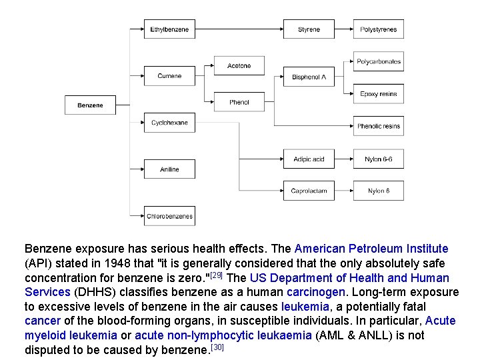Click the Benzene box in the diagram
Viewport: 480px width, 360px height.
point(90,105)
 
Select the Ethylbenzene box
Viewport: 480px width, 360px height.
point(169,30)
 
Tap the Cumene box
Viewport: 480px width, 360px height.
point(169,76)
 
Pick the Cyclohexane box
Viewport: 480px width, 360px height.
point(169,123)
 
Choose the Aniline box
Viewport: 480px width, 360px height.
point(169,169)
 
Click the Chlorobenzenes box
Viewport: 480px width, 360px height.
point(169,216)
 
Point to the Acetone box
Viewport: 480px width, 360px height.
point(239,66)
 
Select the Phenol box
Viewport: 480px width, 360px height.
point(239,102)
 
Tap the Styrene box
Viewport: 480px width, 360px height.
point(309,30)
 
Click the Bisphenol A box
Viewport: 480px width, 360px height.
point(309,77)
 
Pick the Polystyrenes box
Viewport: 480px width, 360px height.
point(378,30)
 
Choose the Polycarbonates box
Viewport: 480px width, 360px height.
point(378,62)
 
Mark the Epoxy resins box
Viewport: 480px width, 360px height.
point(378,94)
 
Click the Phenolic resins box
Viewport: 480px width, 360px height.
point(378,126)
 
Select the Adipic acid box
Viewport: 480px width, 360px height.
point(309,159)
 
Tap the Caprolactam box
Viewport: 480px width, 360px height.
point(309,191)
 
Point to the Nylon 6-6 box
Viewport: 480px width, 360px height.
point(378,159)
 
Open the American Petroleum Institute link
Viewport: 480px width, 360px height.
point(371,249)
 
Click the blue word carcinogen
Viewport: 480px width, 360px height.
point(316,292)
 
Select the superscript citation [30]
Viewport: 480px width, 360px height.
point(216,347)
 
